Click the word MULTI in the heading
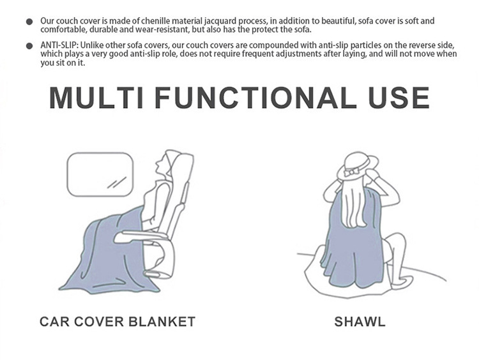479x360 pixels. pyautogui.click(x=96, y=98)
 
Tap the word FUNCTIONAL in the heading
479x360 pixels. pyautogui.click(x=255, y=98)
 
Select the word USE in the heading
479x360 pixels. pyautogui.click(x=399, y=98)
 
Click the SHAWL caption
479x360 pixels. pyautogui.click(x=360, y=322)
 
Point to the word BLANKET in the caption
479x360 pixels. pyautogui.click(x=162, y=322)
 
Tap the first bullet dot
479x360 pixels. pyautogui.click(x=29, y=22)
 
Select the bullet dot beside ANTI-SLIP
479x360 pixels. pyautogui.click(x=29, y=46)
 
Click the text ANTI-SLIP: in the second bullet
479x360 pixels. pyautogui.click(x=59, y=45)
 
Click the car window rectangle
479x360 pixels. pyautogui.click(x=100, y=174)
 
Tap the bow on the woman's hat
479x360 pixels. pyautogui.click(x=351, y=172)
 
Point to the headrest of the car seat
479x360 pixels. pyautogui.click(x=183, y=167)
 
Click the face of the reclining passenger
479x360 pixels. pyautogui.click(x=160, y=167)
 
